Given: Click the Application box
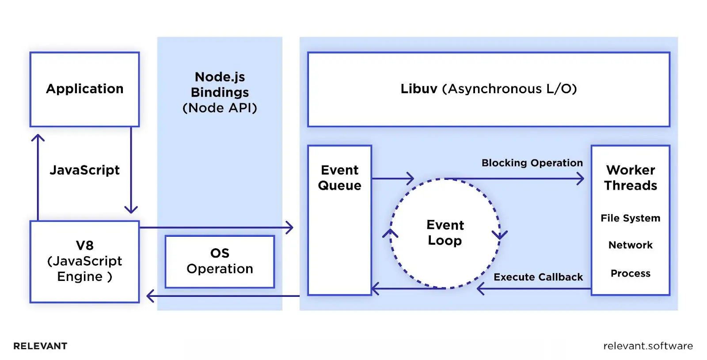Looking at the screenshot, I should point(84,89).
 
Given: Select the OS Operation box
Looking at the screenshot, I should point(220,261).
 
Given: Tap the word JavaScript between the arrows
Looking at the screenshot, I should point(84,170).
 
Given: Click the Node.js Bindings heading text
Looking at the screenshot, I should point(220,84).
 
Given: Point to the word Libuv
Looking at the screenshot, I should point(418,89).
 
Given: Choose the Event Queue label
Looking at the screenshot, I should point(339,178).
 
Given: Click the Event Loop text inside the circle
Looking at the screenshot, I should point(445,233).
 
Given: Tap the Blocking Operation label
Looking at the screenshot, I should point(532,163).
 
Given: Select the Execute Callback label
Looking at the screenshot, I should point(538,277).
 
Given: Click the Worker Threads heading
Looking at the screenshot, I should point(630,178).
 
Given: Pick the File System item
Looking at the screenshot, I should point(630,218).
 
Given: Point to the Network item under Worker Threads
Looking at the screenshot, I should point(630,245).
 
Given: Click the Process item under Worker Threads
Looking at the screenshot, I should point(630,273).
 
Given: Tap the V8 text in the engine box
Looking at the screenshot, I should point(84,246).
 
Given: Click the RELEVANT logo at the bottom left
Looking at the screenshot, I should point(40,346).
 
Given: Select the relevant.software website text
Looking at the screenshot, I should point(648,346).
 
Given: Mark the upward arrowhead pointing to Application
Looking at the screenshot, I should point(38,137).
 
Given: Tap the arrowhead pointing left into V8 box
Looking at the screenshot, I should point(149,296).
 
